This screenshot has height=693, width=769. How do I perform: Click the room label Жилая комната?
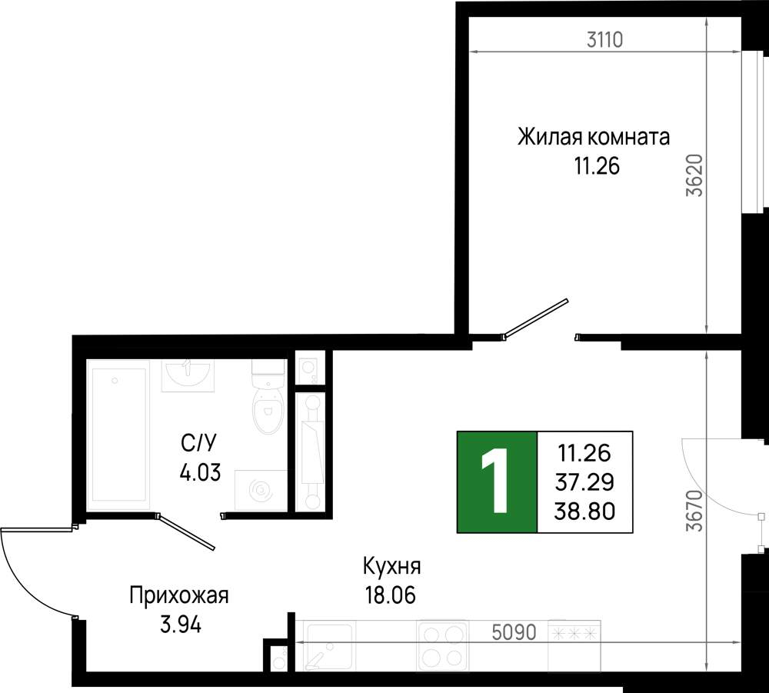point(594,138)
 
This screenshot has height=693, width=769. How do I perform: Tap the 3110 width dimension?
point(604,40)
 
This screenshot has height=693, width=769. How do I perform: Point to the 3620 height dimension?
point(694,175)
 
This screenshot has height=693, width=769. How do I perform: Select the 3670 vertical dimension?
point(694,511)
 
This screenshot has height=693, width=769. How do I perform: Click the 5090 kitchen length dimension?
point(514,633)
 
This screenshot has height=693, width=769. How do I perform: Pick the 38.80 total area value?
point(584,511)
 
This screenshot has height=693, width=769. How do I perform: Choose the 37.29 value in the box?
point(584,482)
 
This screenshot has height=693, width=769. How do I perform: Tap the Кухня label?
point(392,566)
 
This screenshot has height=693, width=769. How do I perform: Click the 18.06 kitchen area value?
point(391,595)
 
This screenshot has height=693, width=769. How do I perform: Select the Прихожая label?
point(179,596)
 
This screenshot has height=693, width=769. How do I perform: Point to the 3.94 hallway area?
point(181,625)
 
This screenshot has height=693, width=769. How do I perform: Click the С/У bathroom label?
point(198,443)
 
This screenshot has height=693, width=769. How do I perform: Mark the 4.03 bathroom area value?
point(200,473)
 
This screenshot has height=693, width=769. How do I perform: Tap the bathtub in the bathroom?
point(118,435)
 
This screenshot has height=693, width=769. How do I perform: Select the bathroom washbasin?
point(188,375)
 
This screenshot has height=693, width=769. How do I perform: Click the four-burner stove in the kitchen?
point(442,645)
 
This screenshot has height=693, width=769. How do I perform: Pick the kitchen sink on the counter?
point(327,645)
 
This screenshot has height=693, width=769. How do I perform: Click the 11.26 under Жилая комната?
point(597,167)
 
